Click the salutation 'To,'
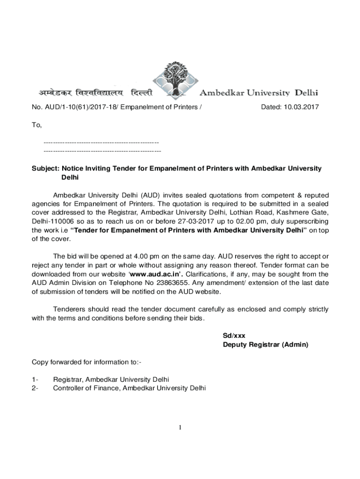pos(36,125)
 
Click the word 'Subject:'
pos(45,168)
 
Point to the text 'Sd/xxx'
pos(234,336)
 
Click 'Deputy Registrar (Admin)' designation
pos(266,345)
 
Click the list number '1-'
pos(35,379)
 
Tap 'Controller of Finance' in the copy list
pos(86,388)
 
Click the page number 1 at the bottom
pos(180,428)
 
